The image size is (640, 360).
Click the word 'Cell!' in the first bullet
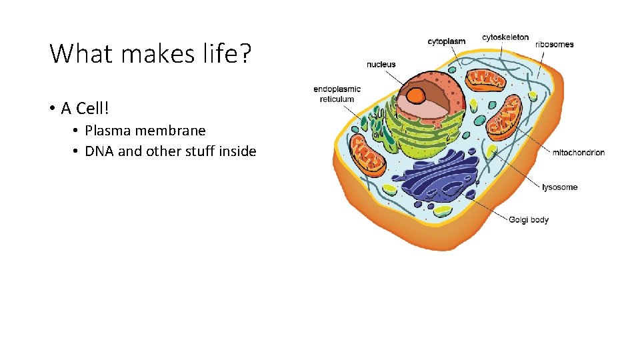[93, 108]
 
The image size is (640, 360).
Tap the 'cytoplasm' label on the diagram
[446, 41]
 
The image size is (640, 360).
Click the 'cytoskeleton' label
[505, 37]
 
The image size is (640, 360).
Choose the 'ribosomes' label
[554, 45]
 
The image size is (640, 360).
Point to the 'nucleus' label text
[381, 65]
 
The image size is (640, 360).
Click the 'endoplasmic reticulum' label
[337, 94]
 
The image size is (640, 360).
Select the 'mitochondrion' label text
[578, 153]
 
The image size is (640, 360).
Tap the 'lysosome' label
[559, 187]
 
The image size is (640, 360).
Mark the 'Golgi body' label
[529, 220]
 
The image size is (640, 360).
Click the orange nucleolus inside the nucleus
[418, 95]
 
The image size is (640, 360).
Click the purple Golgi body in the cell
[437, 177]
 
